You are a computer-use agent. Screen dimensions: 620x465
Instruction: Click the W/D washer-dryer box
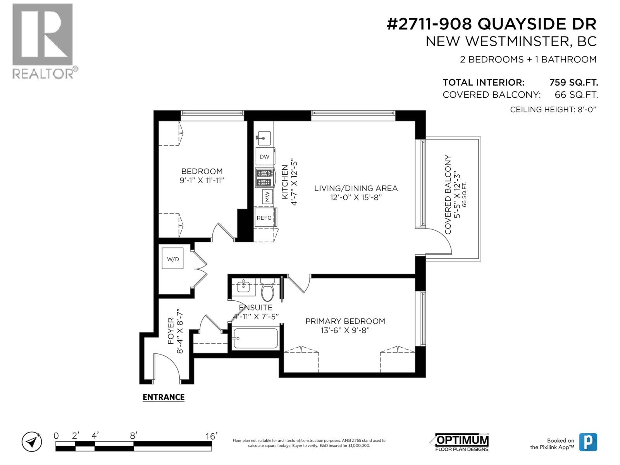[172, 258]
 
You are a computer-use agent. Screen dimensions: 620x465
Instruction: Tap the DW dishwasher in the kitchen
[265, 156]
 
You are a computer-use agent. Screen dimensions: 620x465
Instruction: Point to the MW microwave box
[267, 196]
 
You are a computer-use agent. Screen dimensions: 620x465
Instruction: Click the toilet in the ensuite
[267, 289]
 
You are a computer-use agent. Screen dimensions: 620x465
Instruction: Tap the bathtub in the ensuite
[256, 338]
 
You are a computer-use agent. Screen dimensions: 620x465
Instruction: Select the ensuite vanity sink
[243, 287]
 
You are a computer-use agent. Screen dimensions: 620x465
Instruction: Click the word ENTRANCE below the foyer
[164, 397]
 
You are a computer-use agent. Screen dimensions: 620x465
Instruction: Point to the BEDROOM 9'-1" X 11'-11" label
[201, 176]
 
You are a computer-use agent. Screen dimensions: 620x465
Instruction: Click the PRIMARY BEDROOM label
[345, 321]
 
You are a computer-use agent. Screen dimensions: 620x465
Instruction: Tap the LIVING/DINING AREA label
[356, 188]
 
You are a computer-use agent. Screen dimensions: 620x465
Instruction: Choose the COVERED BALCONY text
[448, 195]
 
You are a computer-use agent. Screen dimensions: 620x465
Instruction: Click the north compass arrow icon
[32, 442]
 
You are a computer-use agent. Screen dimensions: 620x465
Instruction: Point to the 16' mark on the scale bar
[212, 436]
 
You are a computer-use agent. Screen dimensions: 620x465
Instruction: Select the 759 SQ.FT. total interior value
[573, 83]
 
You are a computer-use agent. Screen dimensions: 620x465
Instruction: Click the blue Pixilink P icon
[588, 442]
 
